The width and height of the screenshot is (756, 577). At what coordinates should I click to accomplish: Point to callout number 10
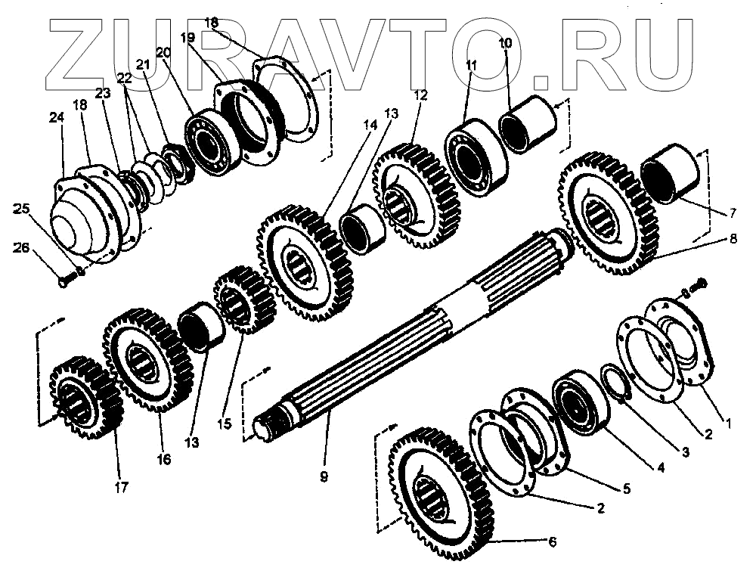coord(505,44)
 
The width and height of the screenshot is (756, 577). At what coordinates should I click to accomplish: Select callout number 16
coord(164,458)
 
